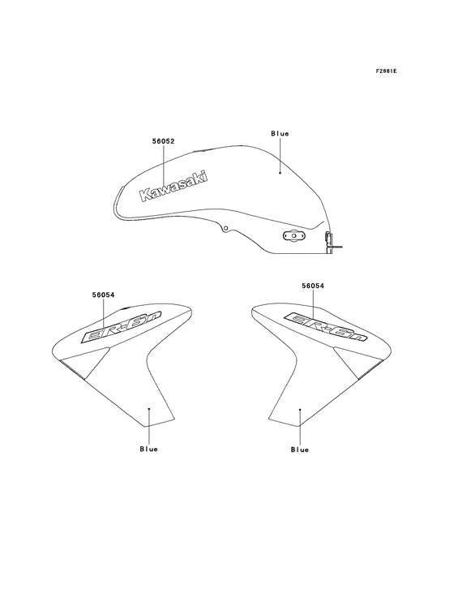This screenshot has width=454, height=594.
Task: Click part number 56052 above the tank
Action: click(x=164, y=141)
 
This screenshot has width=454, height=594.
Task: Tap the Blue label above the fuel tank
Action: click(x=280, y=133)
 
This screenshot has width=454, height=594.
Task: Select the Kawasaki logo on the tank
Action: click(x=174, y=186)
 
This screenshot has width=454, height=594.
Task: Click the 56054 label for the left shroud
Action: click(x=103, y=295)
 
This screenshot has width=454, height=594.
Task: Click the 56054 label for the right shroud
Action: click(x=313, y=286)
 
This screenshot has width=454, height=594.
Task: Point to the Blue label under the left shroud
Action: click(x=148, y=449)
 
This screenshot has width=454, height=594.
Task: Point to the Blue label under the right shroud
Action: click(x=300, y=450)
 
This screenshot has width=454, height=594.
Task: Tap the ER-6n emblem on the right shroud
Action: click(x=325, y=326)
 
